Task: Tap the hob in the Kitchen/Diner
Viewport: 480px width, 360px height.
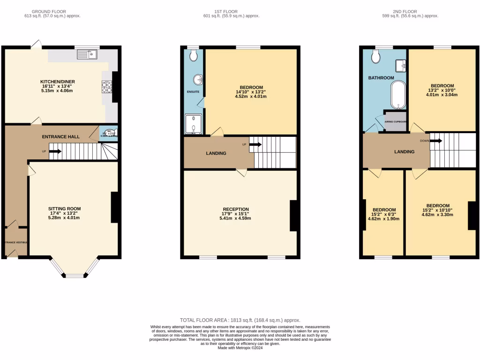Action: click(107, 87)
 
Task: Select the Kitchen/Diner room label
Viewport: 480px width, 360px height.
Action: click(58, 82)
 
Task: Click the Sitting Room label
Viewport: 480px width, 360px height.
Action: click(65, 209)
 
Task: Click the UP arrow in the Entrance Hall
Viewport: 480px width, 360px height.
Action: click(55, 151)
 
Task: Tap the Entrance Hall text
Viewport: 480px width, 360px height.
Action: click(60, 136)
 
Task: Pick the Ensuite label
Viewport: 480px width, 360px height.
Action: click(193, 91)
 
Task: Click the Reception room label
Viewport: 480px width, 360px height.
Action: click(236, 209)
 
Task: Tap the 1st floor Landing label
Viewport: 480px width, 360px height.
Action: click(216, 153)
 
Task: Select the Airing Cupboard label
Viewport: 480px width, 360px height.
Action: click(395, 121)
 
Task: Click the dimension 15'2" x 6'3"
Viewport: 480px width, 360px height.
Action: click(383, 214)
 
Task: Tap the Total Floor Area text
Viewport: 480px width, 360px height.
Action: click(240, 320)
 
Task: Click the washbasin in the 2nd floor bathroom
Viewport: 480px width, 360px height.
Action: click(401, 65)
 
